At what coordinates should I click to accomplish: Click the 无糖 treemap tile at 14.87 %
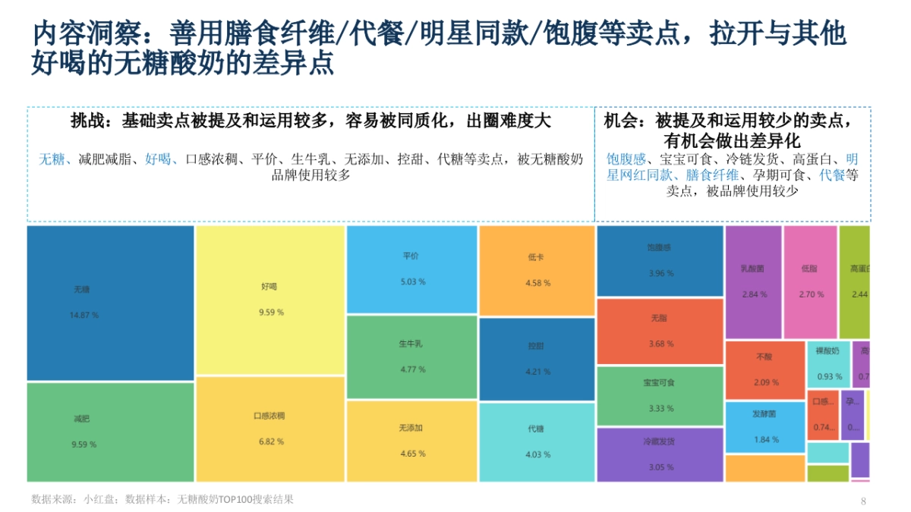(x=111, y=303)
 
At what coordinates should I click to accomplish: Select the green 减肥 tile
(x=111, y=432)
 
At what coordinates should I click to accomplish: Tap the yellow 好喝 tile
(x=270, y=300)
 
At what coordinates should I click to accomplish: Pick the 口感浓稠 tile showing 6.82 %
(x=270, y=429)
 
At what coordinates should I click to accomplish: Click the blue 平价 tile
(x=411, y=269)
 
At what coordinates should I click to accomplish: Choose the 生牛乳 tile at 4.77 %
(x=411, y=357)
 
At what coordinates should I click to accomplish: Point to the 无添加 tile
(x=411, y=441)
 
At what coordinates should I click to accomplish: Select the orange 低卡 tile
(x=537, y=270)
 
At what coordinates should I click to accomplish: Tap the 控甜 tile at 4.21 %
(x=537, y=359)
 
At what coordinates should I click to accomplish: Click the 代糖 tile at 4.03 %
(x=537, y=441)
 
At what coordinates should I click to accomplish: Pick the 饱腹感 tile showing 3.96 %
(x=660, y=260)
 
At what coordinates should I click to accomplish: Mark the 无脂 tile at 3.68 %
(x=660, y=331)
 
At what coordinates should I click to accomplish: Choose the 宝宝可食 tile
(x=660, y=395)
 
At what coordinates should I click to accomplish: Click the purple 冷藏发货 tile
(x=660, y=454)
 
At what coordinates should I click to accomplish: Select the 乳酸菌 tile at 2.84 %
(x=753, y=281)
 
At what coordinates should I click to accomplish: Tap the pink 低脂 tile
(x=810, y=281)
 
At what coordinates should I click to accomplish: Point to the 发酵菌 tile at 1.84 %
(x=764, y=427)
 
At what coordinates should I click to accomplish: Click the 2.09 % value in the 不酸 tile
(x=766, y=382)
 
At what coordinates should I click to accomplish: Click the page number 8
(x=863, y=501)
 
